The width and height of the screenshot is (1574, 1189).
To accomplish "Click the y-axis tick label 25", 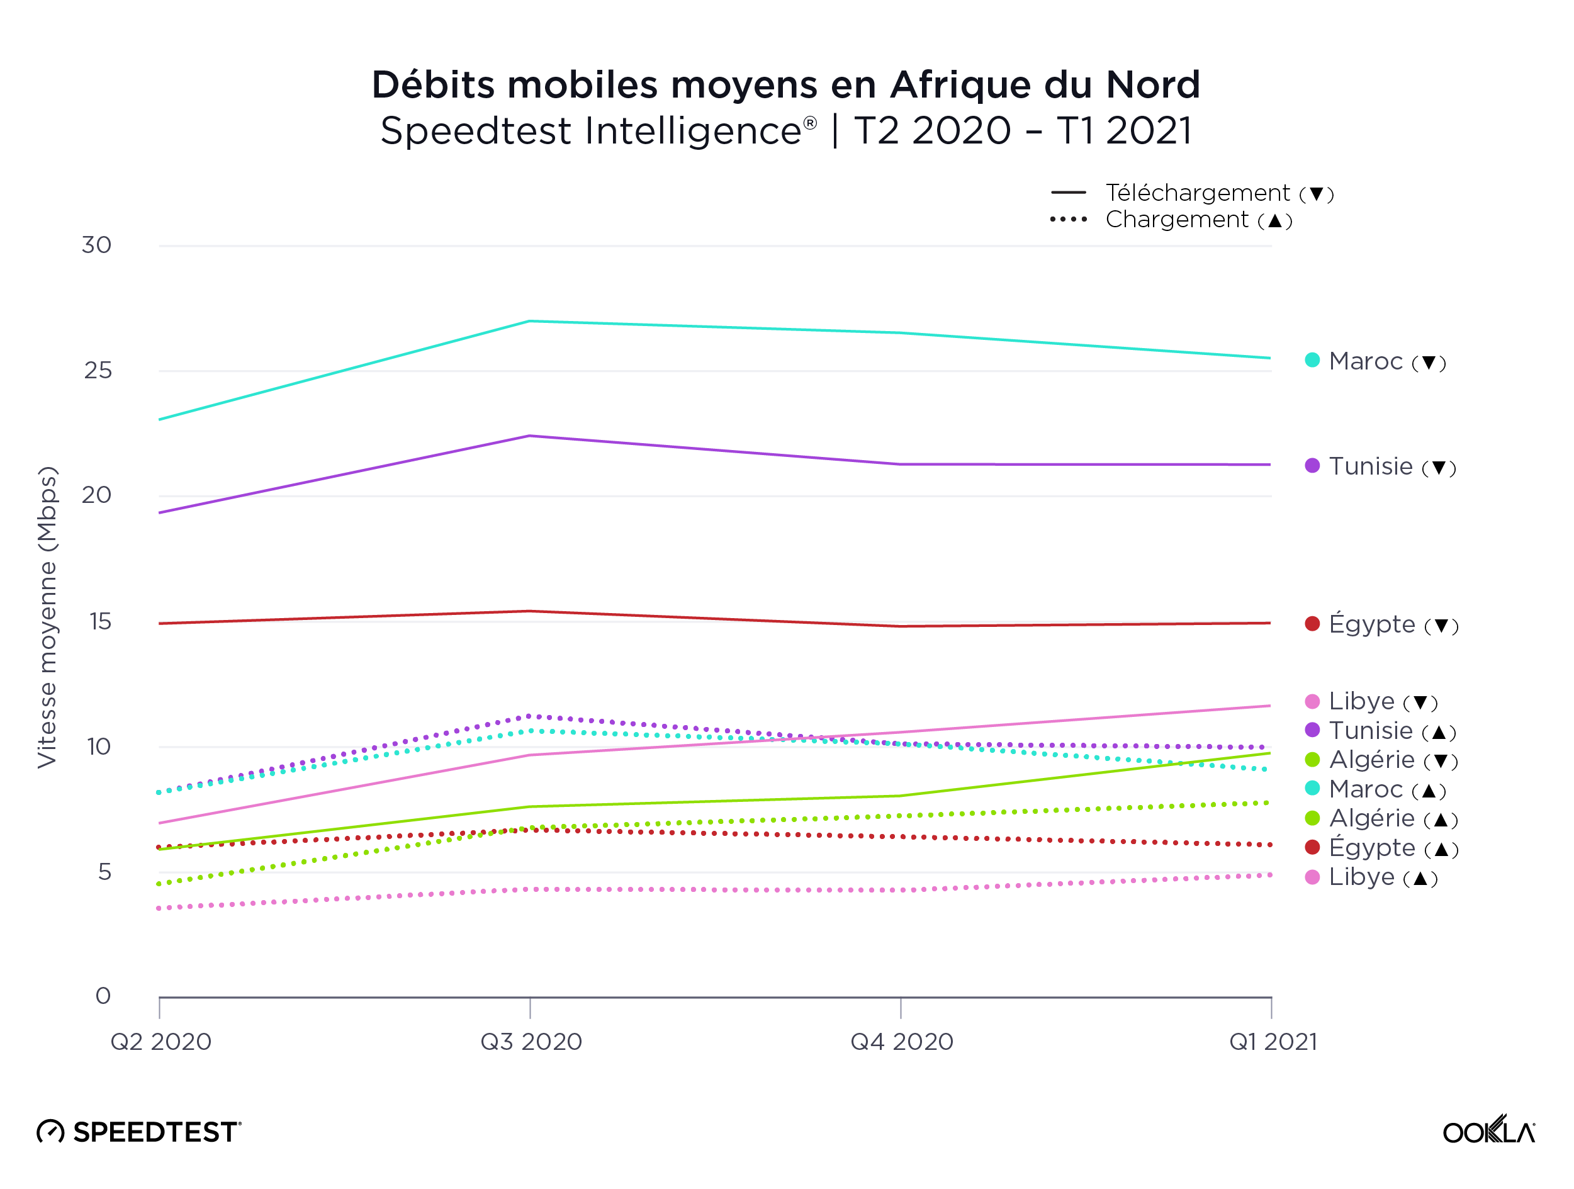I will point(98,371).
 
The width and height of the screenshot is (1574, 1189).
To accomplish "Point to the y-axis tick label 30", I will point(96,245).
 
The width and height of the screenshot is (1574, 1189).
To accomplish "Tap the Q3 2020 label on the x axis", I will point(531,1042).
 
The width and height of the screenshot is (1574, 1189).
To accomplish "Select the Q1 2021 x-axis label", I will point(1273,1042).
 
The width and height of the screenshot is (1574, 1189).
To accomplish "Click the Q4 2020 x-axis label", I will point(902,1042).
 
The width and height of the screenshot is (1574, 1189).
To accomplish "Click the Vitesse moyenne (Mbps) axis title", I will point(47,617).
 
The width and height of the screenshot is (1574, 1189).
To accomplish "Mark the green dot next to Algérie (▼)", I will point(1312,760).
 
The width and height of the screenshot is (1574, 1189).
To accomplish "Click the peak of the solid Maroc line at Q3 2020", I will point(530,322).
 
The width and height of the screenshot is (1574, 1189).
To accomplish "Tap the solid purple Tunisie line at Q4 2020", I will point(901,465).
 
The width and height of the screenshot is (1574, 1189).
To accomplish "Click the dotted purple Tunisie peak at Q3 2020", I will point(530,716).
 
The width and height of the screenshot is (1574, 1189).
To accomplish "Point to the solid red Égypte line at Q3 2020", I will point(530,611).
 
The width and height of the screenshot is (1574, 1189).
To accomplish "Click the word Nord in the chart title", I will point(1153,85).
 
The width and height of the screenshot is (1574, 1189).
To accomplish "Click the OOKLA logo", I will point(1488,1130).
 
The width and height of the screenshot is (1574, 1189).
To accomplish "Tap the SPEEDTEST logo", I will point(140,1131).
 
